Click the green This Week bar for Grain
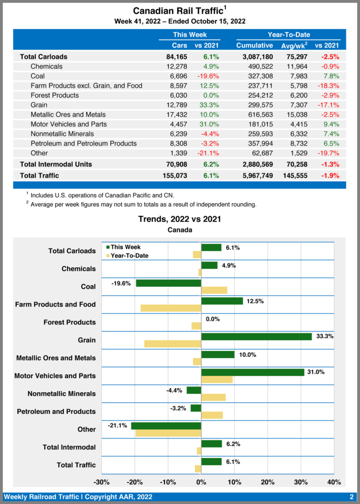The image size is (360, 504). pos(256,337)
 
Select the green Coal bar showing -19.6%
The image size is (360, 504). pos(168,283)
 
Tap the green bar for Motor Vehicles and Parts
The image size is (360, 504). pos(252,372)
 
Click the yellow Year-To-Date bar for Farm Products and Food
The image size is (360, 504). pos(170,308)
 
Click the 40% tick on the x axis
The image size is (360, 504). pos(334,482)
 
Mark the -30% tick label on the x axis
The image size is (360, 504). pos(101,482)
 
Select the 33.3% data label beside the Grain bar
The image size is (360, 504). pos(326,337)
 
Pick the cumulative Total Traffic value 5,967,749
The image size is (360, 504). pos(254,175)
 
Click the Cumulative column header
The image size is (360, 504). pos(254,45)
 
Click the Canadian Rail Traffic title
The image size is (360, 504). pos(178,11)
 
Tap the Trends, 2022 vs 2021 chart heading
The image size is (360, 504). pos(179,219)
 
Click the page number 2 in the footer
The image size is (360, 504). pos(352,497)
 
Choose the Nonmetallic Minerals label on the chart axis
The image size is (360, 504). pos(62,394)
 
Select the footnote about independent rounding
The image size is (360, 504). pos(143,204)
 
